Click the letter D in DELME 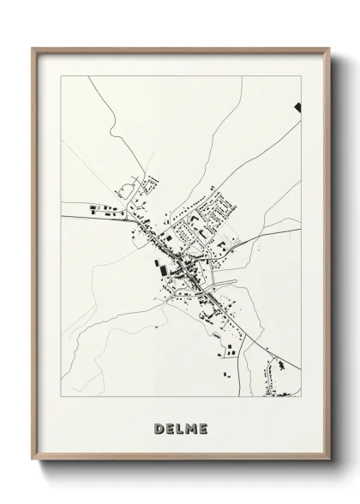[159, 428]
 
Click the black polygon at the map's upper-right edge [297, 107]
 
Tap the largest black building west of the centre [159, 267]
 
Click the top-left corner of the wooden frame [33, 49]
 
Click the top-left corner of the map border [61, 76]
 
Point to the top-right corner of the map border [301, 76]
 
